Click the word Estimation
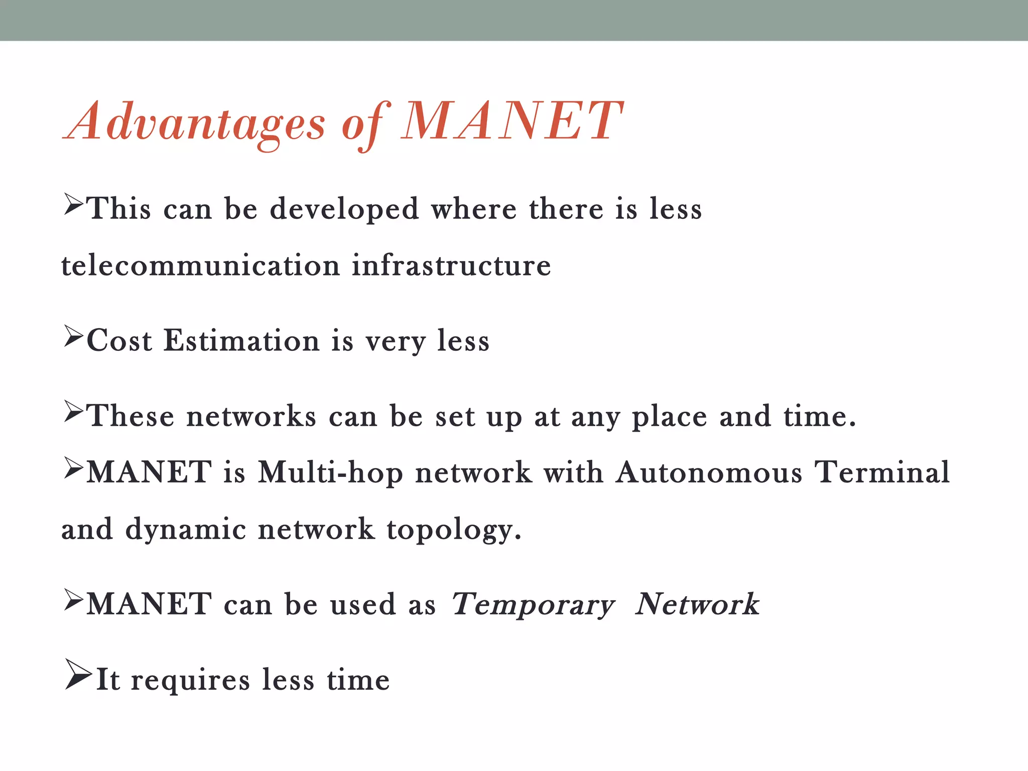tap(241, 341)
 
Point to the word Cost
tap(119, 341)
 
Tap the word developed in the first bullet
tap(344, 208)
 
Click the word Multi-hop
tap(330, 473)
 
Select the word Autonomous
tap(709, 473)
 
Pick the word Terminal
tap(882, 473)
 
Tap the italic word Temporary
tap(533, 604)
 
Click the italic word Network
tap(697, 604)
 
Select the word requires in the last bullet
tap(190, 681)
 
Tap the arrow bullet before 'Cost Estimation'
tap(73, 336)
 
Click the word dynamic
tap(185, 530)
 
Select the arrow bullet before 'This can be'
tap(73, 204)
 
